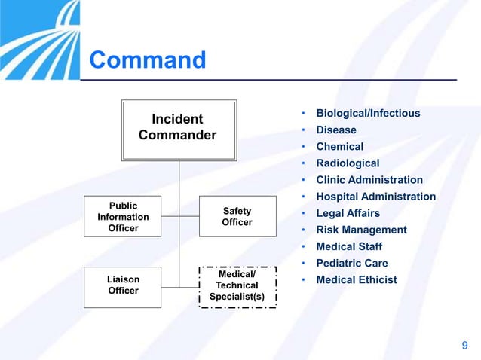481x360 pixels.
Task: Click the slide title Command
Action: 147,59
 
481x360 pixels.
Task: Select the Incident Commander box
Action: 178,130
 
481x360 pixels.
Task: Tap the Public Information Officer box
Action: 123,217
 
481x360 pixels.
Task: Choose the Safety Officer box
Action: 237,217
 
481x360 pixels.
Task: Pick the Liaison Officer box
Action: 123,285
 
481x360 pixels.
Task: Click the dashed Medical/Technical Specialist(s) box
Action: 237,285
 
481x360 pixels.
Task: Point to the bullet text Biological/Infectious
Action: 368,114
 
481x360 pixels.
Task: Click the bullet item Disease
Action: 336,130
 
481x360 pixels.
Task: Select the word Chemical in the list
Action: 339,147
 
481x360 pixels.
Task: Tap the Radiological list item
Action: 348,163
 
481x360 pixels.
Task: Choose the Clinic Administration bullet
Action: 369,180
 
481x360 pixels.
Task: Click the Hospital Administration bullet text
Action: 375,197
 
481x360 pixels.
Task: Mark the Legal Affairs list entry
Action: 348,213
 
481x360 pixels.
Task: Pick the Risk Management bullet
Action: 361,230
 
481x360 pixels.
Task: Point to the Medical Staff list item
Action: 349,246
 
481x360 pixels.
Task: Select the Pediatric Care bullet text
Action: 352,263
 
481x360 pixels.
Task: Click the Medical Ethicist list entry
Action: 357,280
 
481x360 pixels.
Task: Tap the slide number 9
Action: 464,346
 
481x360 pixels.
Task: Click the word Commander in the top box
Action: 178,136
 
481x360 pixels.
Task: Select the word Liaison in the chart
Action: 123,279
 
